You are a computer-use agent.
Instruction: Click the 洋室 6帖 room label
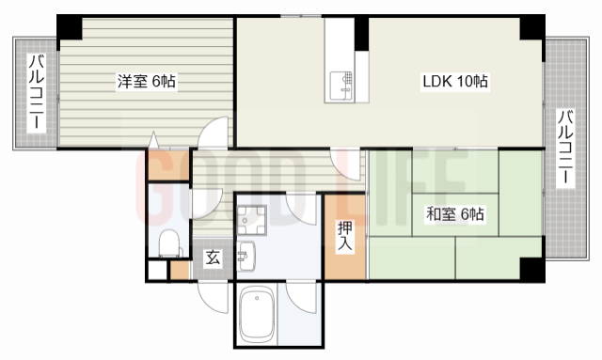coord(146,81)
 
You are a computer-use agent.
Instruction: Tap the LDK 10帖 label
coord(454,82)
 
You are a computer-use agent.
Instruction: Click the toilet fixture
coord(167,244)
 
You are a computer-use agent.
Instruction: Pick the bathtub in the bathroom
coord(257,316)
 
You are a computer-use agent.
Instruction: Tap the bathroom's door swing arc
coord(303,298)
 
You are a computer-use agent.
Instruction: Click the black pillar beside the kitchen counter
coord(361,35)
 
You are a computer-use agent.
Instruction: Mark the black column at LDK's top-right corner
coord(532,28)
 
